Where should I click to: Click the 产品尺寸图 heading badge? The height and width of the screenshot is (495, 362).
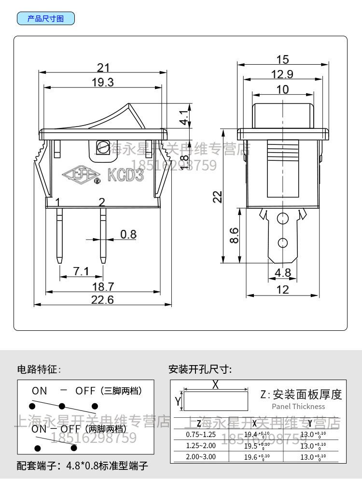pyautogui.click(x=46, y=19)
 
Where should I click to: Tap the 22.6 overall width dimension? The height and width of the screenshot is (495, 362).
pyautogui.click(x=103, y=300)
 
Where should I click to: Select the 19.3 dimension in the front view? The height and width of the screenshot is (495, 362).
pyautogui.click(x=103, y=82)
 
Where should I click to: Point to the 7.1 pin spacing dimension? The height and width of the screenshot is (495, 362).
pyautogui.click(x=81, y=271)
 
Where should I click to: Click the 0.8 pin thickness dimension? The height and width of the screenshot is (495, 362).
pyautogui.click(x=128, y=235)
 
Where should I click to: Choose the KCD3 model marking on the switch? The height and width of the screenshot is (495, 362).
pyautogui.click(x=125, y=174)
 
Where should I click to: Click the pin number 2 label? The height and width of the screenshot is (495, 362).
pyautogui.click(x=102, y=202)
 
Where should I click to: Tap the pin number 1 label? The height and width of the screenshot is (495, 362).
pyautogui.click(x=58, y=202)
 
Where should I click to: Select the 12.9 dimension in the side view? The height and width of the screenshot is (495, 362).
pyautogui.click(x=282, y=74)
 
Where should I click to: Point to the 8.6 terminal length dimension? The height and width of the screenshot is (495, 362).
pyautogui.click(x=234, y=235)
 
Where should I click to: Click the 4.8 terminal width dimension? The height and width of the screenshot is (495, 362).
pyautogui.click(x=282, y=273)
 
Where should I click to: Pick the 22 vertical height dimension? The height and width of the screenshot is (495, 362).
pyautogui.click(x=218, y=197)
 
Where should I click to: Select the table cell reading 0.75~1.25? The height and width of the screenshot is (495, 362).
pyautogui.click(x=201, y=434)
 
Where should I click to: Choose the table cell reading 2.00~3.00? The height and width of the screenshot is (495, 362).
pyautogui.click(x=201, y=457)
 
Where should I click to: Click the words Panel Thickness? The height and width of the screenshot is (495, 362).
pyautogui.click(x=298, y=407)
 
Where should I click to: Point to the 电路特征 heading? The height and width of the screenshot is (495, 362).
pyautogui.click(x=39, y=370)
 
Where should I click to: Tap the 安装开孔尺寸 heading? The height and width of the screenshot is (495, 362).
pyautogui.click(x=200, y=370)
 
